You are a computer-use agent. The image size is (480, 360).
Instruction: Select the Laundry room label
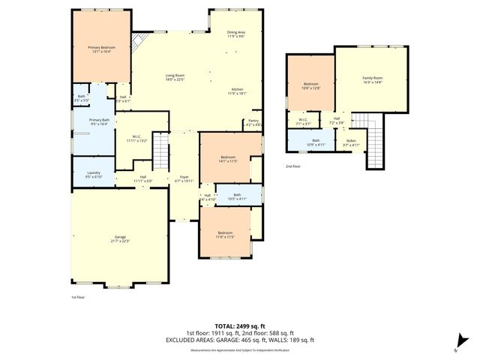93,173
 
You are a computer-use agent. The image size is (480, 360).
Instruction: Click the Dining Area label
236,31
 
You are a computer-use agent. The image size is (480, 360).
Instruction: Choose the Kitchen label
237,89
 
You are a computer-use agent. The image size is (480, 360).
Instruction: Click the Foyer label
184,177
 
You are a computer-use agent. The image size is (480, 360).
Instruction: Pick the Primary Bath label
100,120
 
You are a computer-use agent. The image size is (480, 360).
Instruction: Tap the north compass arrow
455,349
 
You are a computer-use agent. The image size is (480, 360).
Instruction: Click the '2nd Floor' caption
292,166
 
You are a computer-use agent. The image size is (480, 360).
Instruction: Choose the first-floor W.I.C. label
135,136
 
